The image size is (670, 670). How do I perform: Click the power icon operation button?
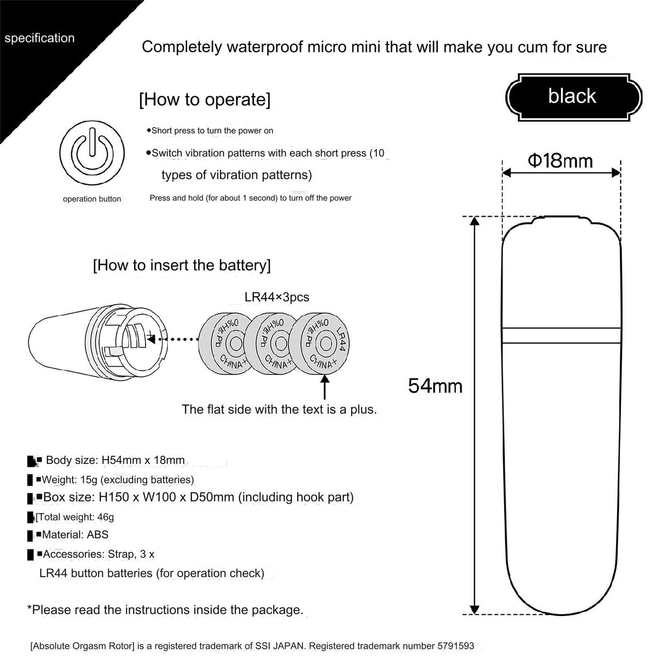click(x=92, y=153)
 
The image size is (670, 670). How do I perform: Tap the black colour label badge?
click(x=573, y=97)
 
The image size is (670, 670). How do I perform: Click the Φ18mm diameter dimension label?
click(x=560, y=161)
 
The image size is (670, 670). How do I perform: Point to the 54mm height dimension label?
click(x=435, y=386)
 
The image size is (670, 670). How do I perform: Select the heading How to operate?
click(x=204, y=100)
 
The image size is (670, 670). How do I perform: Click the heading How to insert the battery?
click(x=181, y=265)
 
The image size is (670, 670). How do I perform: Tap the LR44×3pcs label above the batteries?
click(x=277, y=297)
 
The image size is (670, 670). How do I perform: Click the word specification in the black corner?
click(x=40, y=38)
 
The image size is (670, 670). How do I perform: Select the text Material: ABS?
click(x=75, y=535)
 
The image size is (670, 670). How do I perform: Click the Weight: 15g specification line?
click(x=118, y=480)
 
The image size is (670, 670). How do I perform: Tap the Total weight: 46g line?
click(x=75, y=517)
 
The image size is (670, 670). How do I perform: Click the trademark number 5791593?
click(x=456, y=646)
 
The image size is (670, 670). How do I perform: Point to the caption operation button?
click(x=92, y=199)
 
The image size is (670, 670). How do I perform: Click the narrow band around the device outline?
click(x=561, y=335)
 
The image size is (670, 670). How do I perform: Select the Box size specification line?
click(x=198, y=497)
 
